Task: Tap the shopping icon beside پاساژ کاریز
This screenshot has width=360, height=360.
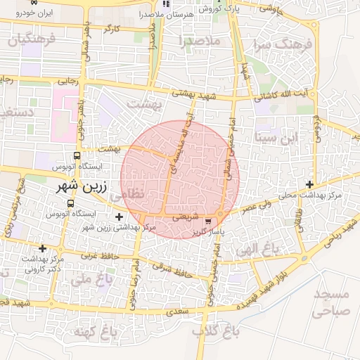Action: coord(207,221)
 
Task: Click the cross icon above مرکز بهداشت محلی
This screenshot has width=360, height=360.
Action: coord(310,184)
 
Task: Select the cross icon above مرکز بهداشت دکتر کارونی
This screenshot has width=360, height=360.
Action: coord(43,248)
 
